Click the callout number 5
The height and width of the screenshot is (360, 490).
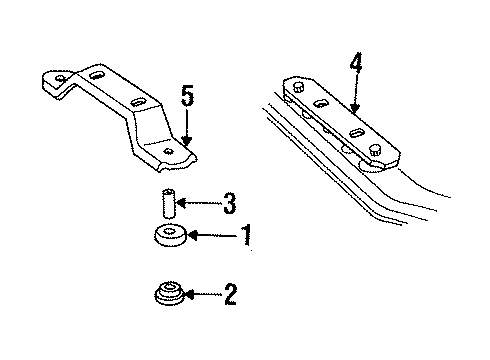coord(187,100)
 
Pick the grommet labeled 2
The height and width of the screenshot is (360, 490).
coord(169,297)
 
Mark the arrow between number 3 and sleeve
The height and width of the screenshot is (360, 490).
coord(200,207)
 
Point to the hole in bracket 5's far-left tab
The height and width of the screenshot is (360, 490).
coord(61,78)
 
